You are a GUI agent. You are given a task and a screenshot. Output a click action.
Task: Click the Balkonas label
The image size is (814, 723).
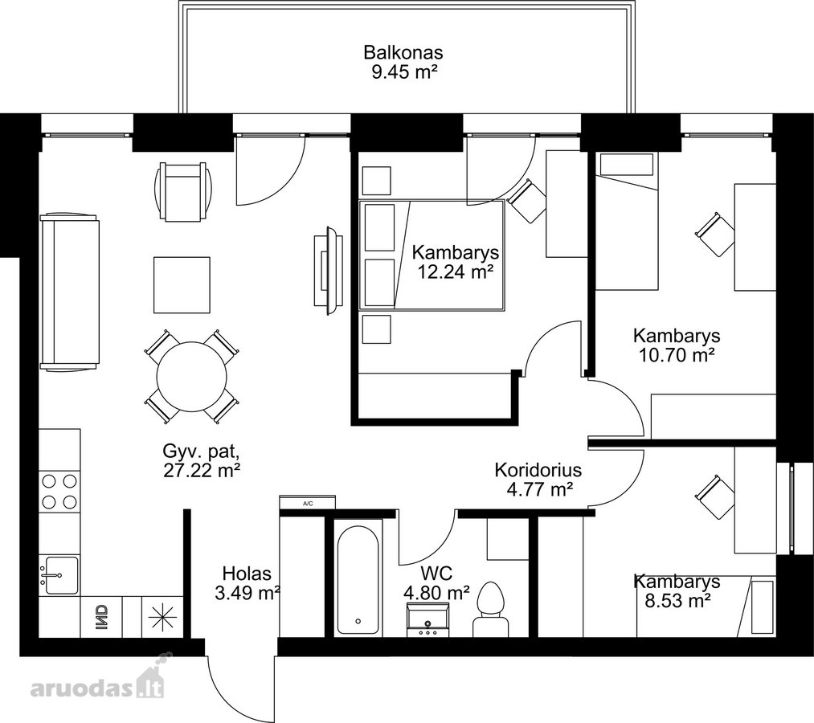[403, 53]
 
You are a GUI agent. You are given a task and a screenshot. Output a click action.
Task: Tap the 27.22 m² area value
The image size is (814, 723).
[202, 470]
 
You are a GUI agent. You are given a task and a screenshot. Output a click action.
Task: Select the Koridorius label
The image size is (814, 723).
[538, 470]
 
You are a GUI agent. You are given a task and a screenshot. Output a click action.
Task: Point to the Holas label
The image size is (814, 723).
[247, 574]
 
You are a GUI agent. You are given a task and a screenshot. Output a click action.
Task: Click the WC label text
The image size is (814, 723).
[436, 574]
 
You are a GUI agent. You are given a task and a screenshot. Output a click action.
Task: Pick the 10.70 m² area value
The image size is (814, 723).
[677, 356]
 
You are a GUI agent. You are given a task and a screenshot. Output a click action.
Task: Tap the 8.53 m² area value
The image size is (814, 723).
[677, 601]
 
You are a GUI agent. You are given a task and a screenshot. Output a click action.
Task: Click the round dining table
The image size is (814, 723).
[192, 376]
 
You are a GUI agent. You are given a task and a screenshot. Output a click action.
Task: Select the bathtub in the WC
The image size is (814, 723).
[358, 580]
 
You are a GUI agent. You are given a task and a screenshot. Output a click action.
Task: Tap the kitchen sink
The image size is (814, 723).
[59, 574]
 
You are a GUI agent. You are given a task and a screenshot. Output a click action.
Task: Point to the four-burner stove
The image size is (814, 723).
[59, 492]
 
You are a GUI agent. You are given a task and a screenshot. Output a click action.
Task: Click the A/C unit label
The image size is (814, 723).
[307, 503]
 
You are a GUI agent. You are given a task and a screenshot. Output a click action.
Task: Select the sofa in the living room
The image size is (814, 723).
[70, 292]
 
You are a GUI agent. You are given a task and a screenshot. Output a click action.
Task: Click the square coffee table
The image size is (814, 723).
[182, 285]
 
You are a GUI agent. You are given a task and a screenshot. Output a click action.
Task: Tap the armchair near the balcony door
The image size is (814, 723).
[183, 191]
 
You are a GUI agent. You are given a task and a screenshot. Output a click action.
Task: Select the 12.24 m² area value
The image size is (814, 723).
[456, 272]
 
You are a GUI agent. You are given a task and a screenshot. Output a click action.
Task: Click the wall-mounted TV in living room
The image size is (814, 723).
[328, 271]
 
